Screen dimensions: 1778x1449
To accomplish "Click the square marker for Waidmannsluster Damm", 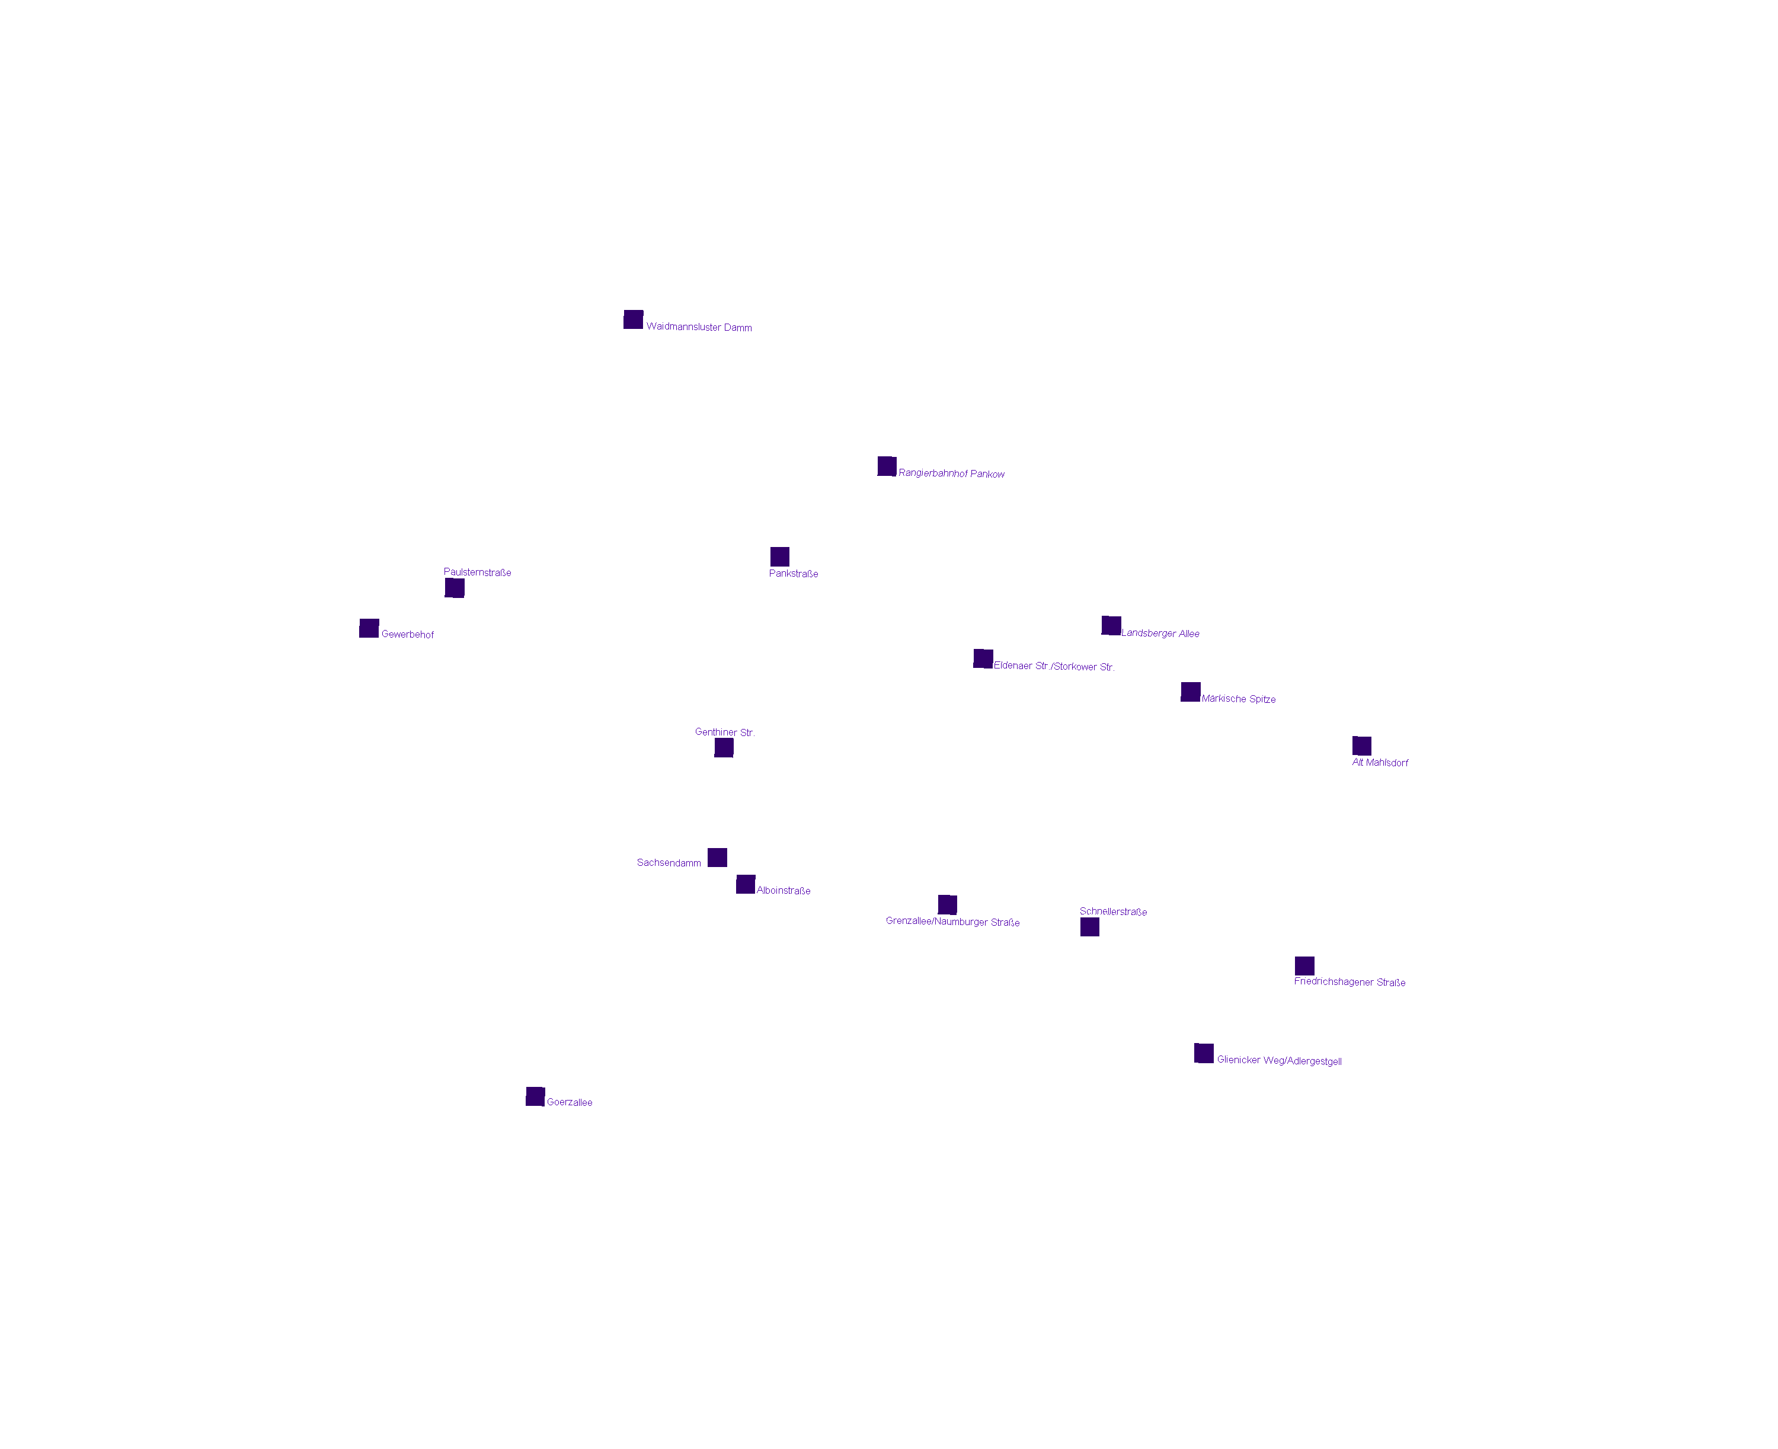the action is coord(633,319).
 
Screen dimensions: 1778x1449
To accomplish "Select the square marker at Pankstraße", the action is coord(779,556).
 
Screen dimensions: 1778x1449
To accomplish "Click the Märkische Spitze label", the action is coord(1238,699).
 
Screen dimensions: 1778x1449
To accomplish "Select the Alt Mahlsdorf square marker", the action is coord(1361,746).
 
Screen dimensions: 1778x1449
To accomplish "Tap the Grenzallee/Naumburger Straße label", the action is coord(952,922).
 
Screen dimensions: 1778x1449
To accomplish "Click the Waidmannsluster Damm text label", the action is coord(699,327).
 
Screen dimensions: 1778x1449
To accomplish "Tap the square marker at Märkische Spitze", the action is coord(1190,692).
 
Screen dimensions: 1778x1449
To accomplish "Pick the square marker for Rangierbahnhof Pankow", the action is coord(887,466).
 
